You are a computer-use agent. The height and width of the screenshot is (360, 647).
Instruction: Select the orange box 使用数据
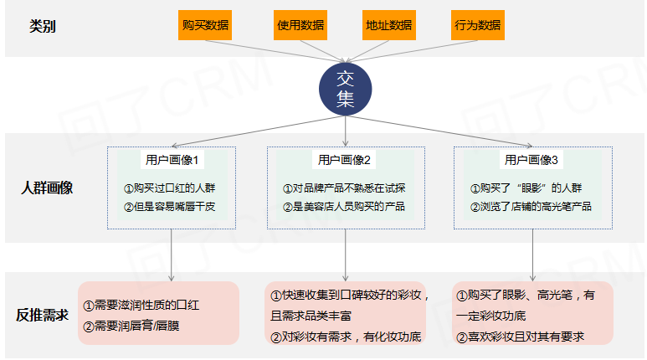[x=300, y=25]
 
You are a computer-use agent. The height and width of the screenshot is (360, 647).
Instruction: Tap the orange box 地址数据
[x=388, y=25]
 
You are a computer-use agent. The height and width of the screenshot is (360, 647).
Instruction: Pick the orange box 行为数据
[x=477, y=25]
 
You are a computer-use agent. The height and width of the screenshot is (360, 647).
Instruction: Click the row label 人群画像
[x=47, y=188]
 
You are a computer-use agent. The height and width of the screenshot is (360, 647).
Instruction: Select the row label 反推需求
[x=42, y=316]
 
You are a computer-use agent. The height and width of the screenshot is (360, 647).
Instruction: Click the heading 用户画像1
[x=171, y=160]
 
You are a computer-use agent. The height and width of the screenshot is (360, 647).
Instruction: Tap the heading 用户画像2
[x=345, y=160]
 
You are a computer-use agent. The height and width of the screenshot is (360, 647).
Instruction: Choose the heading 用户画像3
[x=531, y=160]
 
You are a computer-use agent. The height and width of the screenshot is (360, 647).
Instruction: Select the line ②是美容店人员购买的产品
[x=343, y=206]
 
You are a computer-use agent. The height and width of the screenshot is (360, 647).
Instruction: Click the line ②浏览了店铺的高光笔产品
[x=531, y=206]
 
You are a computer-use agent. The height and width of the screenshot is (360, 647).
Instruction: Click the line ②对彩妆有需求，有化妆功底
[x=345, y=337]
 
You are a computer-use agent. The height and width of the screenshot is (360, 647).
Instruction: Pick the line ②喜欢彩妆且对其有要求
[x=519, y=337]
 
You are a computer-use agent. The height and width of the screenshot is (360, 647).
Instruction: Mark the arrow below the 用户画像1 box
[x=172, y=255]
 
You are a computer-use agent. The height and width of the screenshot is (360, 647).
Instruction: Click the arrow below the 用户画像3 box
[x=533, y=255]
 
